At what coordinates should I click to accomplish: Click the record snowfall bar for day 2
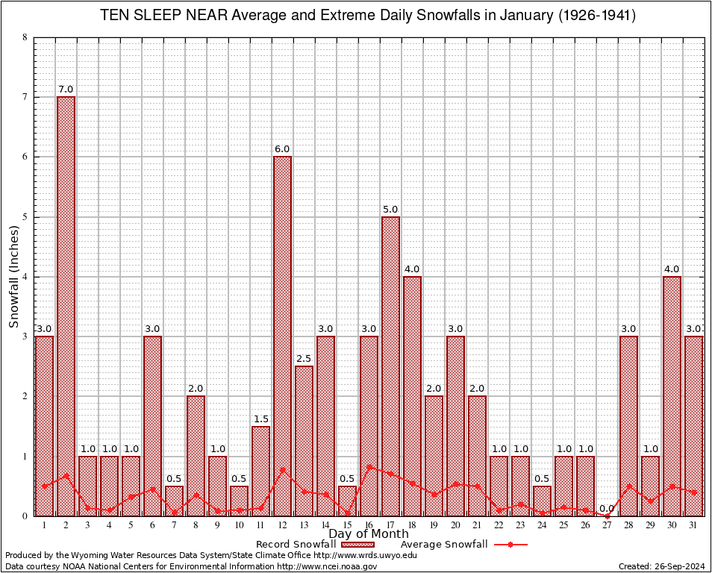[x=66, y=306]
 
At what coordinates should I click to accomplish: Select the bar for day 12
[x=282, y=336]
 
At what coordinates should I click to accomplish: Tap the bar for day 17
[x=390, y=366]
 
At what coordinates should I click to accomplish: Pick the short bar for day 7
[x=174, y=501]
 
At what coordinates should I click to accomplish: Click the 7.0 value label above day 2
[x=66, y=90]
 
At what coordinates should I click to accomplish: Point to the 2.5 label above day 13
[x=304, y=359]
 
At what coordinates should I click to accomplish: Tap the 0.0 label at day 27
[x=607, y=508]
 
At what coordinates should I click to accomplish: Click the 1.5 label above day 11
[x=260, y=419]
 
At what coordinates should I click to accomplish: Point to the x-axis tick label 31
[x=693, y=525]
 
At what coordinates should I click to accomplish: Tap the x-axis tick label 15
[x=347, y=525]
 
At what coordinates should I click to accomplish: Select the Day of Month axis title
[x=369, y=534]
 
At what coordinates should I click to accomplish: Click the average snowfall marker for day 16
[x=369, y=467]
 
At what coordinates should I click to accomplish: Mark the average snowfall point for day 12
[x=282, y=469]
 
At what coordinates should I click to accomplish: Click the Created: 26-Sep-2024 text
[x=661, y=567]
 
